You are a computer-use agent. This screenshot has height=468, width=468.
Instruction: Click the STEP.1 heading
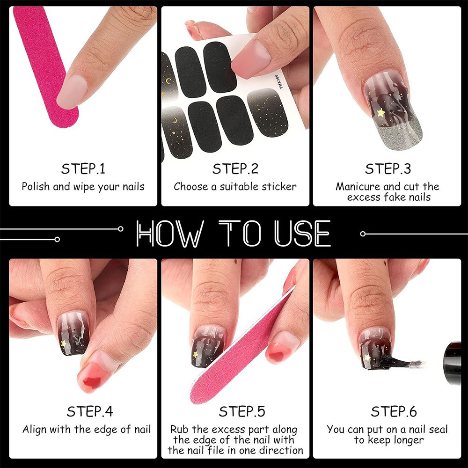[83, 168]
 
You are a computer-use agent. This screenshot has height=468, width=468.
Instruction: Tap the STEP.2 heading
[235, 168]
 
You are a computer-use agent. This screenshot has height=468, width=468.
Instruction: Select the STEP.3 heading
[388, 168]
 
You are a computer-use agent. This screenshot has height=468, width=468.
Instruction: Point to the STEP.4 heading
[90, 411]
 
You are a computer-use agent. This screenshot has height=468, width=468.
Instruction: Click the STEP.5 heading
[242, 411]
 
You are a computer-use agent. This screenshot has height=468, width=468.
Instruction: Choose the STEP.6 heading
[394, 411]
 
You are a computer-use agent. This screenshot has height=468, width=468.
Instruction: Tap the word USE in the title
[303, 234]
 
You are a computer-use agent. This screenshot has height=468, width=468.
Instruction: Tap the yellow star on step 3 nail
[381, 112]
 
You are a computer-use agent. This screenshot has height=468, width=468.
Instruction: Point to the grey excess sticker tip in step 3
[397, 136]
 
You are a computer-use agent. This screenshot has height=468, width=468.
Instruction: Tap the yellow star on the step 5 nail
[195, 355]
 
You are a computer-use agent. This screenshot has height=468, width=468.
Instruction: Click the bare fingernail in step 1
[72, 91]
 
